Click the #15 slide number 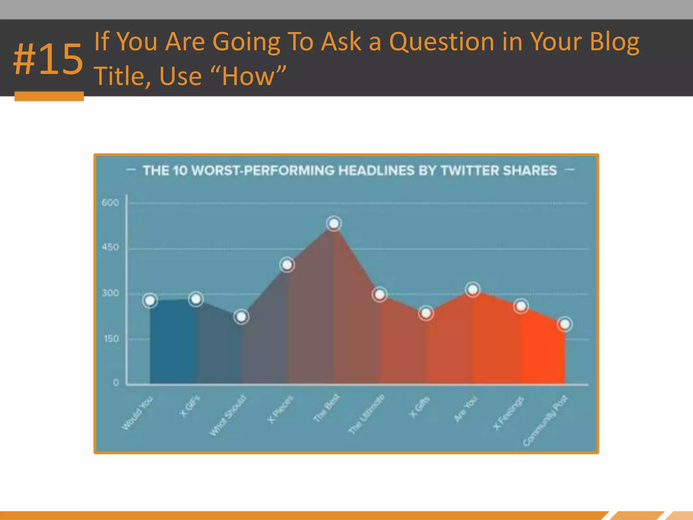point(48,60)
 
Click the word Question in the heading point(442,42)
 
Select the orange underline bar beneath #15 point(49,96)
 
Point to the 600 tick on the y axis point(110,203)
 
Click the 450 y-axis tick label point(110,247)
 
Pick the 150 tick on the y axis point(111,339)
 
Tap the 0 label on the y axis point(116,383)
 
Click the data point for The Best point(334,223)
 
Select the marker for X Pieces point(287,265)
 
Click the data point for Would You point(150,300)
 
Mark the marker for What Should point(241,317)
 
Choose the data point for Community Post point(564,324)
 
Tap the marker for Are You point(473,290)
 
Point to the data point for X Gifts point(426,313)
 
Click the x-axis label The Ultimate point(367,414)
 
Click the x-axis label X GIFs point(189,406)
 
